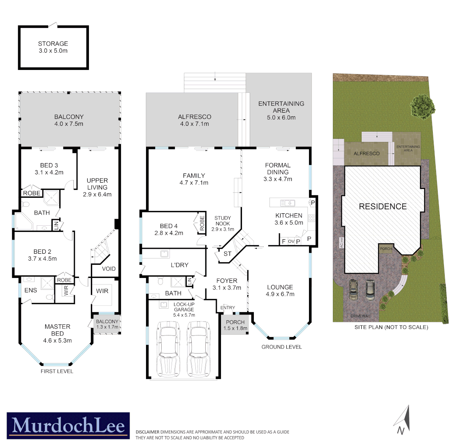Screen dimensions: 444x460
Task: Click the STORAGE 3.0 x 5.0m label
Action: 53,47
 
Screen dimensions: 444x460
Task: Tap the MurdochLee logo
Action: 68,424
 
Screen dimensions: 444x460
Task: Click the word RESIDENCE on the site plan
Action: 383,206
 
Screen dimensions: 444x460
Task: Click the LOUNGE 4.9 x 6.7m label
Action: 280,290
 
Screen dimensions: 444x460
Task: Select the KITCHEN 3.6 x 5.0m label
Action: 288,219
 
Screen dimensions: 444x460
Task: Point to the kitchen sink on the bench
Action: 287,202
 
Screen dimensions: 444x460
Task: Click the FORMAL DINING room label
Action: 277,172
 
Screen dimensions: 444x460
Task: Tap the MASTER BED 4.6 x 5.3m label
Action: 57,333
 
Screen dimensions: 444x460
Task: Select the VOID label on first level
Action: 109,269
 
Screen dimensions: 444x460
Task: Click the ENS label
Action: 30,290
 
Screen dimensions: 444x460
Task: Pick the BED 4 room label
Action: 169,229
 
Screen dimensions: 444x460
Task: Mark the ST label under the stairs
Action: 228,254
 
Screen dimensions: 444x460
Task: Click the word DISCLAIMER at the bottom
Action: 147,432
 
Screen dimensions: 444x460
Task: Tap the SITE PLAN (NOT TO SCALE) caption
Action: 391,328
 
